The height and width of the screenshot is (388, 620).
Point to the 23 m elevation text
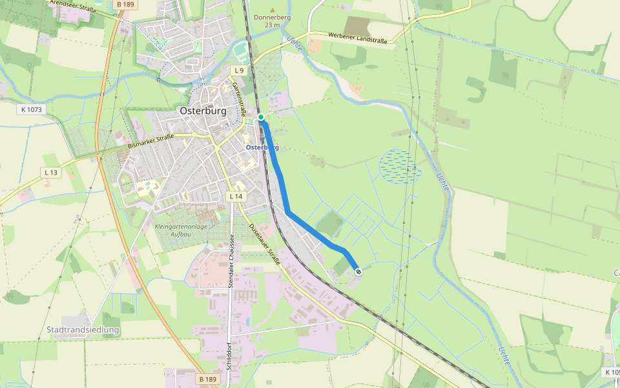tap(273, 25)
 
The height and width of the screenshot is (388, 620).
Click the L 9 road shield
tap(239, 70)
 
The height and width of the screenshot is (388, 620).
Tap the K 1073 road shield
tap(31, 109)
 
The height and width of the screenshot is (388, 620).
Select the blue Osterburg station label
tap(262, 147)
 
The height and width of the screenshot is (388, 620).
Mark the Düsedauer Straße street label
tap(265, 245)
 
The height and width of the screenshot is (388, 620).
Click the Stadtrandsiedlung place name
tap(83, 330)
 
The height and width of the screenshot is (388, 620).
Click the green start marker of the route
tap(261, 117)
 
